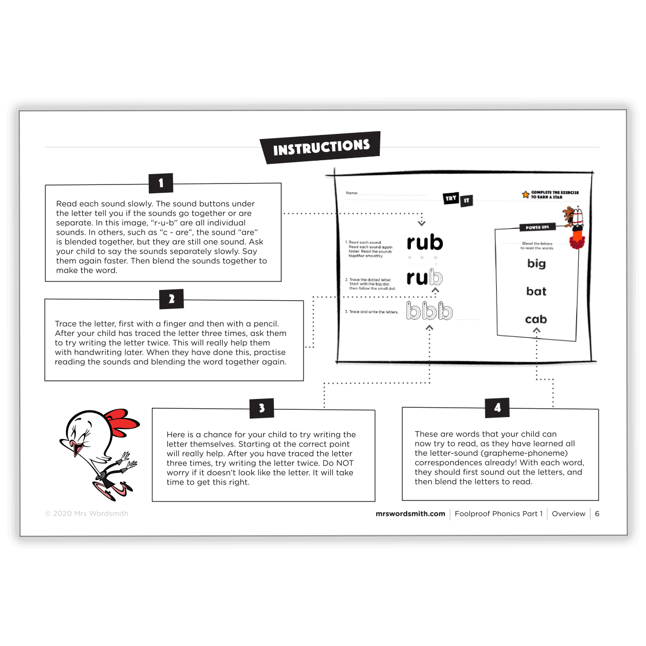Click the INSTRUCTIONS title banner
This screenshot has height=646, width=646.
pos(321,147)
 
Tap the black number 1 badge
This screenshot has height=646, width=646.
pos(161,183)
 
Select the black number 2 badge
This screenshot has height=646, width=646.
pos(172,299)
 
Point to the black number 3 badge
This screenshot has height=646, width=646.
pos(262,408)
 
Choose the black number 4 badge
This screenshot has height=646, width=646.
pos(497,408)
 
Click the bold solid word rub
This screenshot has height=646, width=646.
pos(425,242)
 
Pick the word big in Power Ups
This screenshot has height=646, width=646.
pos(536,264)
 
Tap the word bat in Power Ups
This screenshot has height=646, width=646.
pos(536,291)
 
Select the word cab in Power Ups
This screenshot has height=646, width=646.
pos(536,319)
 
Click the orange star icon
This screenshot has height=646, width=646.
pos(526,194)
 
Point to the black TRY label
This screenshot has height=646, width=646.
pos(451,198)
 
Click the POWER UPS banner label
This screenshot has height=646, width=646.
pos(537,227)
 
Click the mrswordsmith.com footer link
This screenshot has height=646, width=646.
pos(410,514)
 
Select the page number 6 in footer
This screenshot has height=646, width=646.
pos(597,514)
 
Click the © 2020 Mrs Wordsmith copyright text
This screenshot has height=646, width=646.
pos(87,514)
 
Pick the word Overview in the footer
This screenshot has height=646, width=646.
pos(568,514)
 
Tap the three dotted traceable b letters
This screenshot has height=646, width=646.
pos(429,311)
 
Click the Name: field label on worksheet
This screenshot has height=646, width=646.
pos(352,193)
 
